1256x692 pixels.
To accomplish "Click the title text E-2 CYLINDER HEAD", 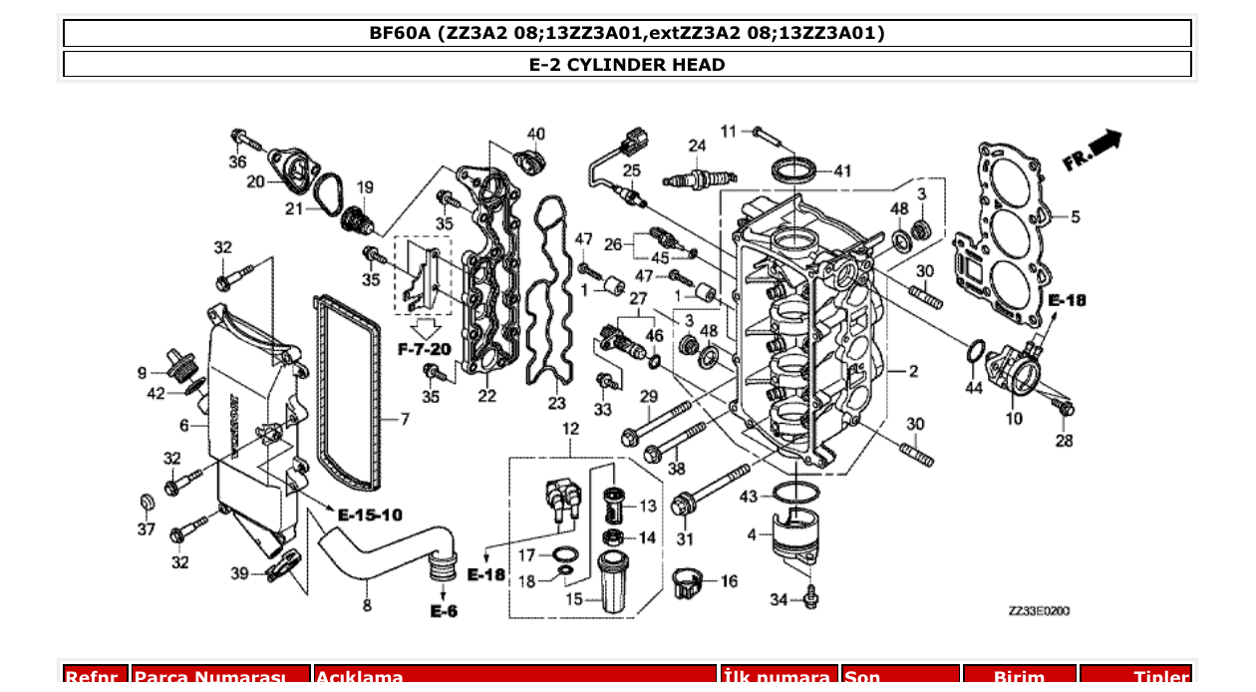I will [x=627, y=65].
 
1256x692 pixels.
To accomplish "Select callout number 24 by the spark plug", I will [x=697, y=146].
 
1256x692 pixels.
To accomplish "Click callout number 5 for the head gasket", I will [x=1075, y=215].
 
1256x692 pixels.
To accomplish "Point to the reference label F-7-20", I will [x=425, y=350].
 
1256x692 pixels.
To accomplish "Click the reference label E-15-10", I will [x=370, y=515].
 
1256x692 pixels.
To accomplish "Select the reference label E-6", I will [x=444, y=610].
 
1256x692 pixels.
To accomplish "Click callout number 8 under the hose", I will [x=367, y=604].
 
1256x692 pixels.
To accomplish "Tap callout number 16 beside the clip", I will [x=729, y=581].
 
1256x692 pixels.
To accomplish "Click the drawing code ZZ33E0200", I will [x=1038, y=610].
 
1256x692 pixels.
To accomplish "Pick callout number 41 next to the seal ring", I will [x=843, y=172].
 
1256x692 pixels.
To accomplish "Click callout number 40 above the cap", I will [x=536, y=134].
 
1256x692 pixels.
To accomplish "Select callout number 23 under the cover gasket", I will [x=556, y=403].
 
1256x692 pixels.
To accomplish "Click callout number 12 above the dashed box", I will [x=570, y=429].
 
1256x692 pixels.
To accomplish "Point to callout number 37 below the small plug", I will [x=147, y=529].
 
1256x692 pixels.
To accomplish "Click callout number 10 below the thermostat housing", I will [x=1014, y=419].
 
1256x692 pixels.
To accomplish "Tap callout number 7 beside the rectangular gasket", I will [x=405, y=420].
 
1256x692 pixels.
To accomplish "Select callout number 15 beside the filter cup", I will [x=575, y=599].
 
